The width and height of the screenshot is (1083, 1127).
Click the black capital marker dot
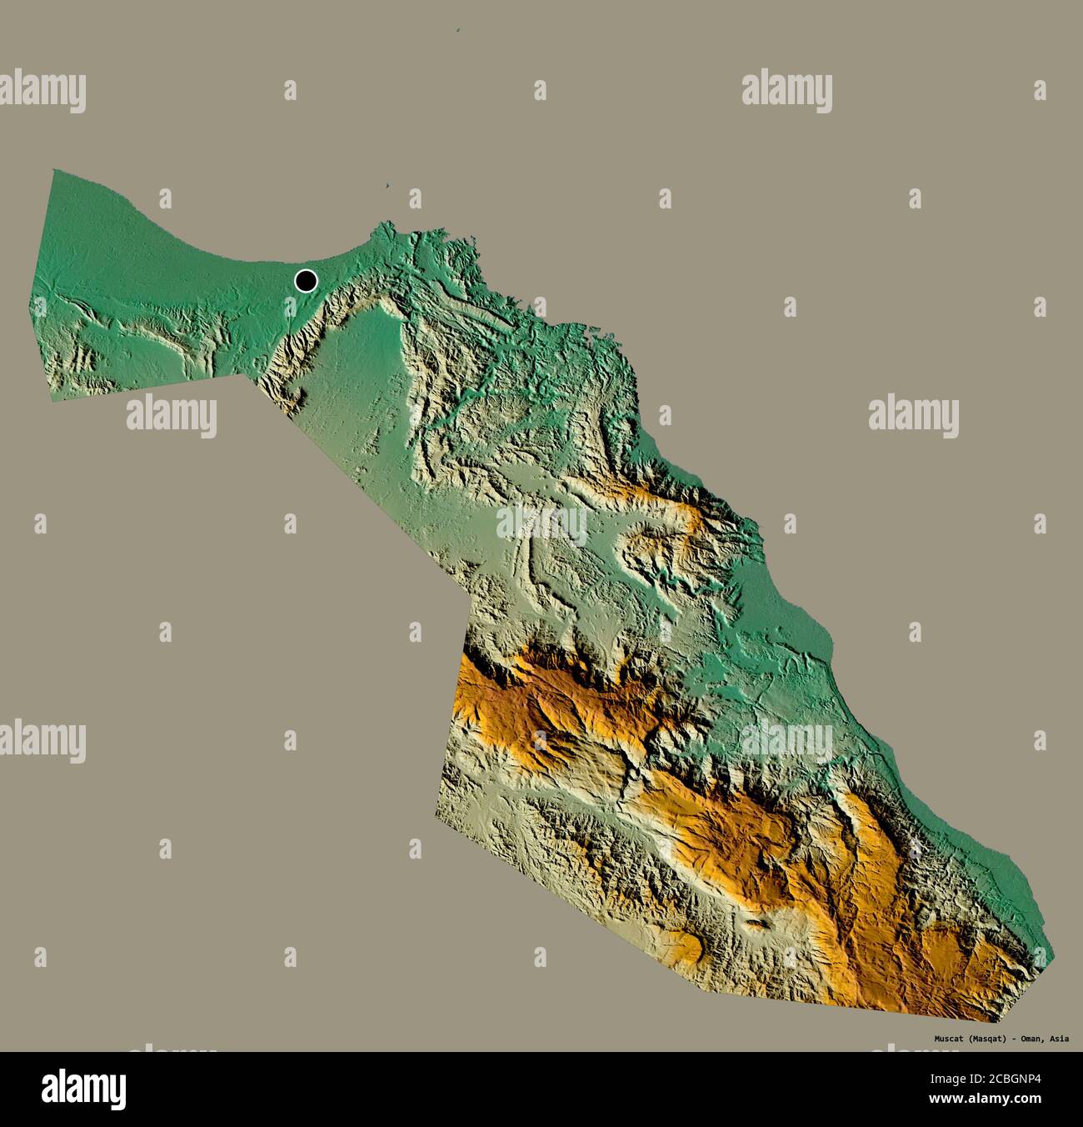tap(307, 281)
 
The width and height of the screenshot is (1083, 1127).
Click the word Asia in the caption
tap(1061, 1039)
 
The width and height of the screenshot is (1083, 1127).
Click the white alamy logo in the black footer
tap(83, 1088)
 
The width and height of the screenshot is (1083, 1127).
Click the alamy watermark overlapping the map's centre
tap(541, 523)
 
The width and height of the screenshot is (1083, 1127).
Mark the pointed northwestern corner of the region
tap(53, 171)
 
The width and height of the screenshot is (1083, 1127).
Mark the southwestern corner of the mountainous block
tap(435, 818)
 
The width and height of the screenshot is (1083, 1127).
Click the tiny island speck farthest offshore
tap(459, 33)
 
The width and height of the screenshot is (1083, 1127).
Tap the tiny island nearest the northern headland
tap(389, 186)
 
